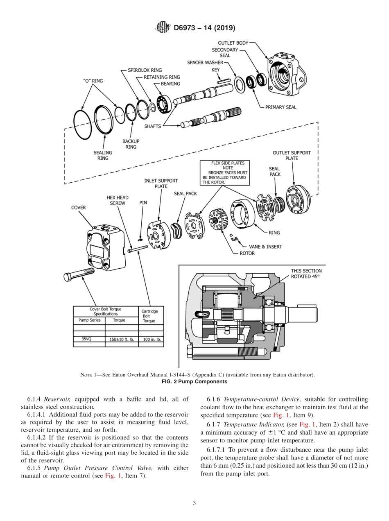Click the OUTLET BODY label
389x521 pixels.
(x=233, y=43)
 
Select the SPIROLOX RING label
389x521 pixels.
(x=145, y=70)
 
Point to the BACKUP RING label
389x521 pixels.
(x=131, y=144)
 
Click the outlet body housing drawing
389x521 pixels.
(x=285, y=73)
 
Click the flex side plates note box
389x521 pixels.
(x=224, y=172)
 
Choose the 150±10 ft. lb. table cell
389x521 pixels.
(x=122, y=340)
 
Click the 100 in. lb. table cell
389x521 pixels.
(x=151, y=340)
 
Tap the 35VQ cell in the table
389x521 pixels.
(x=87, y=339)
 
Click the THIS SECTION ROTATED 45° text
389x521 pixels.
(x=306, y=274)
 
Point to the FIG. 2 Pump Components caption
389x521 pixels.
(x=194, y=382)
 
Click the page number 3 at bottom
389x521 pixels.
(x=194, y=503)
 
